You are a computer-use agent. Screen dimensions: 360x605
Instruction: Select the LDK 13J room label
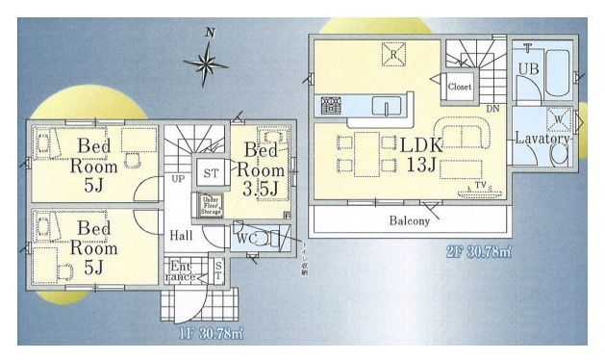421,154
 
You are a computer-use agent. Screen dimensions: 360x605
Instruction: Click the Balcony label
410,220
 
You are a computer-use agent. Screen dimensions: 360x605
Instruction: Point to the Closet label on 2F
460,86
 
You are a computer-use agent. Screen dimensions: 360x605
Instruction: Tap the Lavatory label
543,139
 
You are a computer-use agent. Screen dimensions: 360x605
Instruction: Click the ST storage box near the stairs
210,172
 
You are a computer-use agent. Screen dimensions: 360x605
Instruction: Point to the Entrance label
182,271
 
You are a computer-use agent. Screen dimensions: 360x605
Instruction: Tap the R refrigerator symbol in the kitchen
393,54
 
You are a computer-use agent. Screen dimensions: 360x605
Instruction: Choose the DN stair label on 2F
492,108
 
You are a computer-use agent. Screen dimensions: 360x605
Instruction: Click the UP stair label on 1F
178,179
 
